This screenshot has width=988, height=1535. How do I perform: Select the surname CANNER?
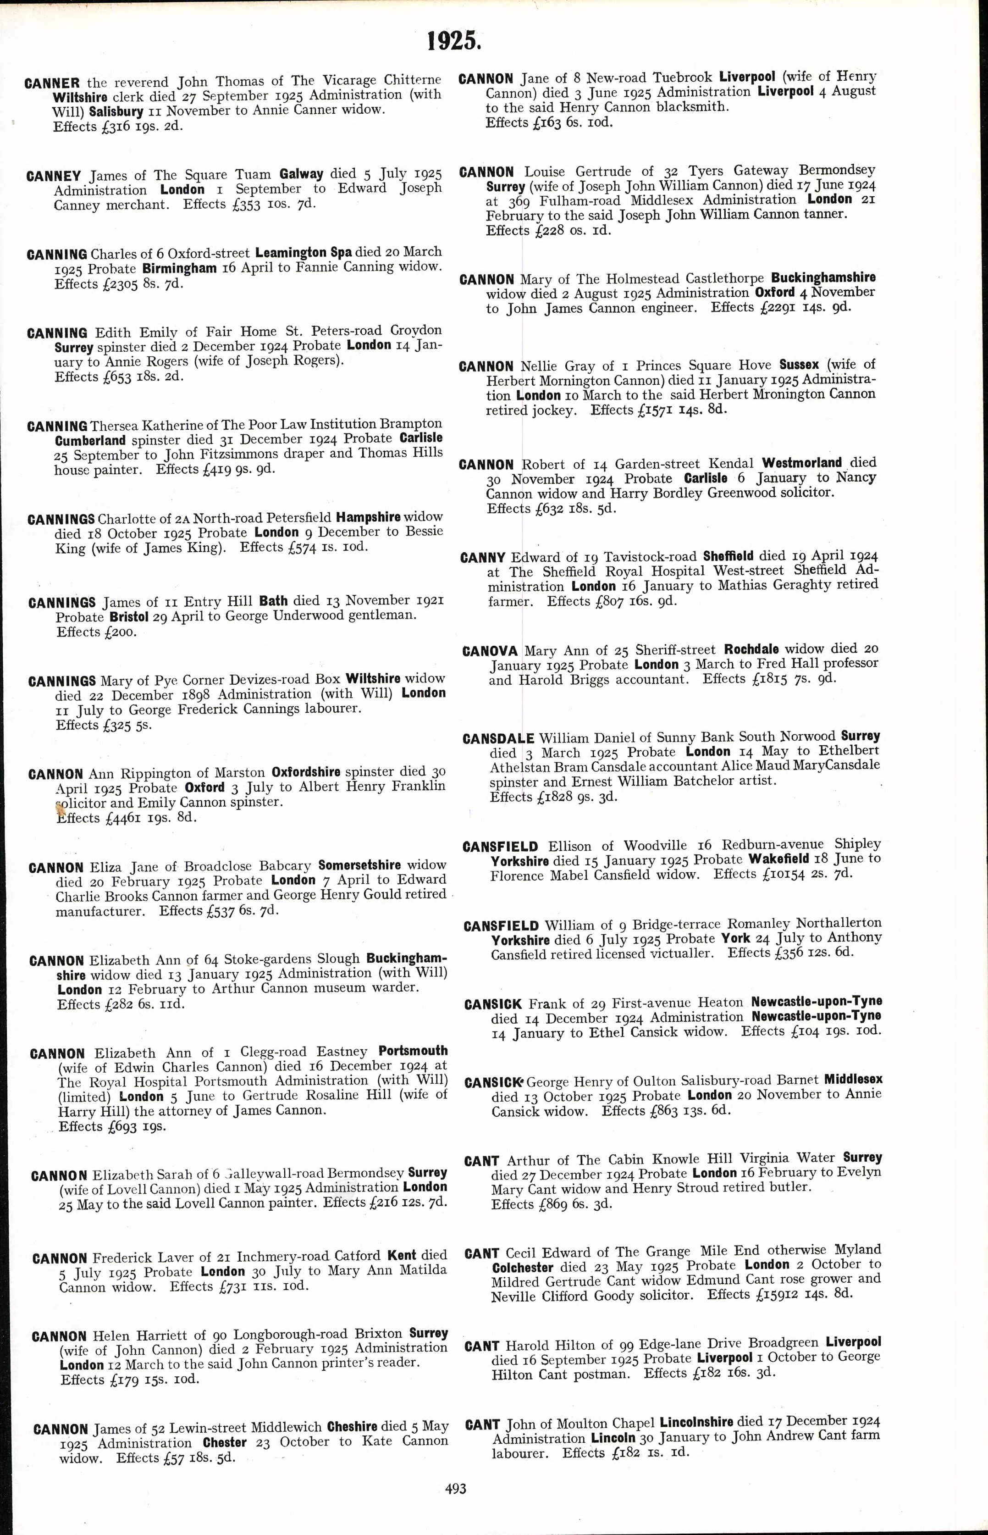(x=52, y=83)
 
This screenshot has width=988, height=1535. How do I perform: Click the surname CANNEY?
(x=54, y=176)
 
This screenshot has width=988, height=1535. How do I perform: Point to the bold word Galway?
(x=301, y=174)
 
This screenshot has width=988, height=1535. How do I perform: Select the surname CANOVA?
(x=490, y=651)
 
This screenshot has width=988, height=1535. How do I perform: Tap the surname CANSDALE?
(x=498, y=739)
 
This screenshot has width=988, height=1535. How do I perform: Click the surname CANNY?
(x=482, y=558)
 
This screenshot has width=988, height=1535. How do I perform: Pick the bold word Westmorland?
(x=801, y=463)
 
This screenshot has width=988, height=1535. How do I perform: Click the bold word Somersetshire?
(x=359, y=865)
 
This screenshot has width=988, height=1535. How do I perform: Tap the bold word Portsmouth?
(x=413, y=1051)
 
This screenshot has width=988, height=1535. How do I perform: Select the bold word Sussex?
(x=799, y=365)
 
